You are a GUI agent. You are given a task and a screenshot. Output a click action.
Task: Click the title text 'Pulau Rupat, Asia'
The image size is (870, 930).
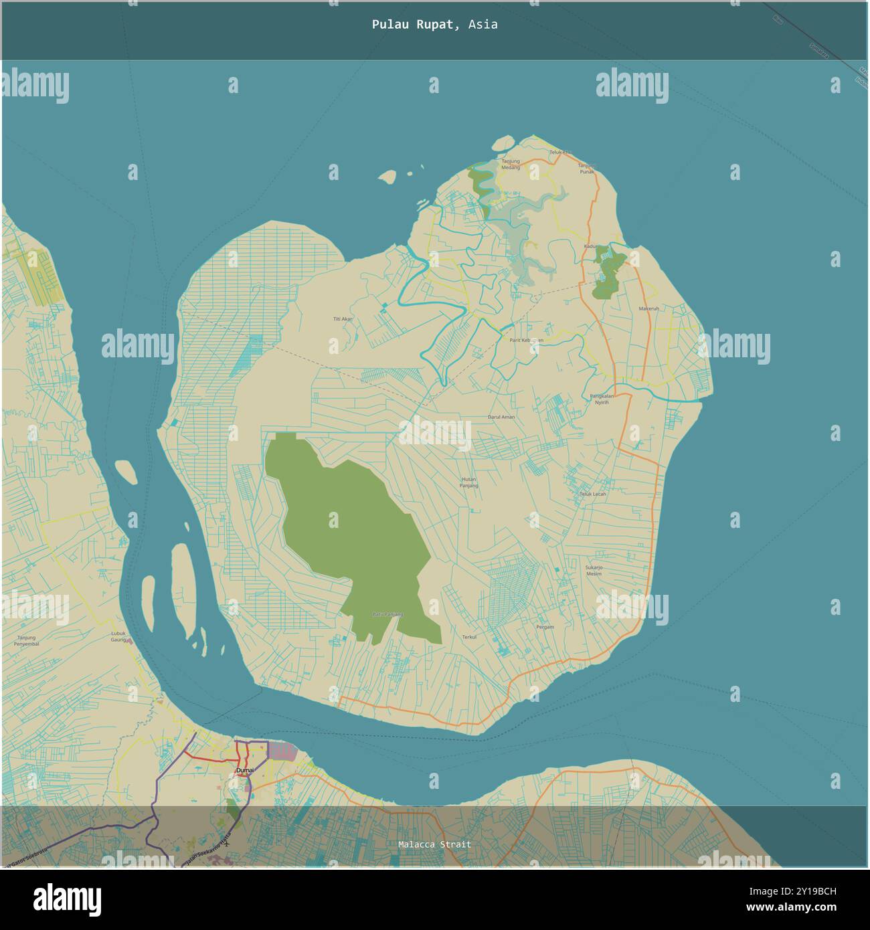(x=434, y=25)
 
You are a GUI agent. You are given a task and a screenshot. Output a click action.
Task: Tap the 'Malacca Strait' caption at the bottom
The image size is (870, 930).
(x=434, y=844)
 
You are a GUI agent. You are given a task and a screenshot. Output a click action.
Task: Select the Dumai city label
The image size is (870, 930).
(x=245, y=771)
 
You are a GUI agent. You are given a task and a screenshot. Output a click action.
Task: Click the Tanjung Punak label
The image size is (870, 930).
(x=587, y=168)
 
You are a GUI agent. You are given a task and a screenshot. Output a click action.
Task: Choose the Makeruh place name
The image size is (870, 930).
(x=648, y=308)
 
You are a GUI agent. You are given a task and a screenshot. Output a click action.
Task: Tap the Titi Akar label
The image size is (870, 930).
(x=343, y=319)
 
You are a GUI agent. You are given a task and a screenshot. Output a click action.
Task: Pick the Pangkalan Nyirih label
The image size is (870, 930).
(x=602, y=399)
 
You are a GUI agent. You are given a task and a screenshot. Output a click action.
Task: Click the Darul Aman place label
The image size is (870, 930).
(x=501, y=417)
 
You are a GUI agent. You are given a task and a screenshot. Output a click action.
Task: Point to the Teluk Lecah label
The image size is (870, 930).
(x=592, y=494)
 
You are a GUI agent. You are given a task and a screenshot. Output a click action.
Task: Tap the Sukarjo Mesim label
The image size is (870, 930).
(x=594, y=571)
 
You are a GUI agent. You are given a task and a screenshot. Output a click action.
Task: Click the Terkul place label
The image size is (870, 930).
(x=469, y=637)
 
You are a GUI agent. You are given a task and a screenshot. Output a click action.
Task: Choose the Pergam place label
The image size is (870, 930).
(x=545, y=627)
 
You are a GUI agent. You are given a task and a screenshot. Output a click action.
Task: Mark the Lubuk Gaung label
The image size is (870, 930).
(x=118, y=636)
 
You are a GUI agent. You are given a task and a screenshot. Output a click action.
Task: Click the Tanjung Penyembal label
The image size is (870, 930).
(x=27, y=640)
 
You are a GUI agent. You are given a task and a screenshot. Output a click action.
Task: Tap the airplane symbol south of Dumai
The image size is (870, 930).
(x=228, y=843)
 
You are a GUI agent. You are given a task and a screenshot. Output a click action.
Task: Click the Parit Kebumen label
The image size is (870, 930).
(x=526, y=340)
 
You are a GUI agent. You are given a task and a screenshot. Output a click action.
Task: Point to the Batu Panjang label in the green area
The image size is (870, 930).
(x=387, y=614)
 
